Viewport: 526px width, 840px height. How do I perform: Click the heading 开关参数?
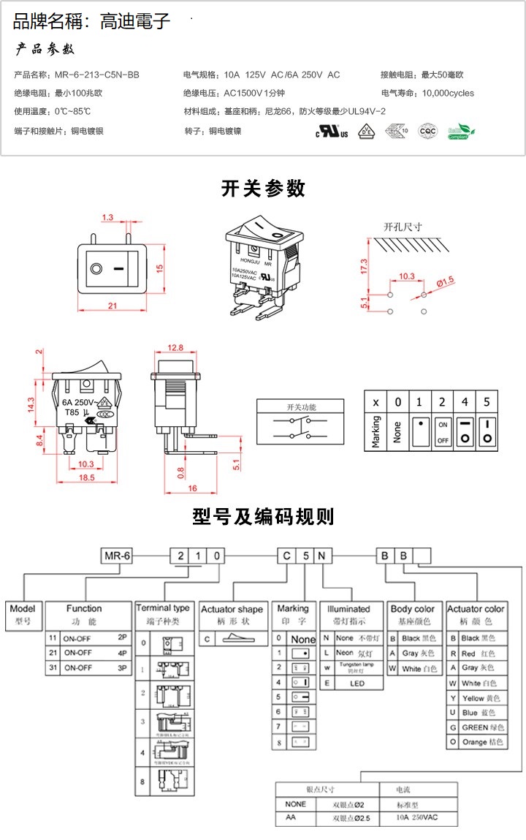click(263, 189)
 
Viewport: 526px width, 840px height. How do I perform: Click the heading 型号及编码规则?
click(263, 517)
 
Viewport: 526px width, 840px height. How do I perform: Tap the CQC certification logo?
click(427, 132)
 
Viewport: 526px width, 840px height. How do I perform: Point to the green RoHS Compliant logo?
click(460, 132)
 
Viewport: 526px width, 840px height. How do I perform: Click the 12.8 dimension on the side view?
click(175, 347)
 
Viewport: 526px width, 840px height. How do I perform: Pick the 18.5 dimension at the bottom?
click(85, 477)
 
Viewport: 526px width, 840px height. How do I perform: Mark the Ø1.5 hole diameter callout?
click(446, 280)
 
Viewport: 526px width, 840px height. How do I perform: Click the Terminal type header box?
click(163, 608)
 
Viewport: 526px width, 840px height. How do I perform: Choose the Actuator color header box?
click(476, 613)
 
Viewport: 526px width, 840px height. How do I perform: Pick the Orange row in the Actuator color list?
click(476, 742)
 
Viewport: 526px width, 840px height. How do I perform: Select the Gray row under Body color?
click(413, 654)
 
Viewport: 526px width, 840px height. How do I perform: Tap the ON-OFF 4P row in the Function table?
click(89, 653)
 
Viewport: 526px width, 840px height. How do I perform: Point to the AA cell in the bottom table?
click(290, 818)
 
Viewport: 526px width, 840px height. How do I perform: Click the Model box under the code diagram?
click(23, 613)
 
